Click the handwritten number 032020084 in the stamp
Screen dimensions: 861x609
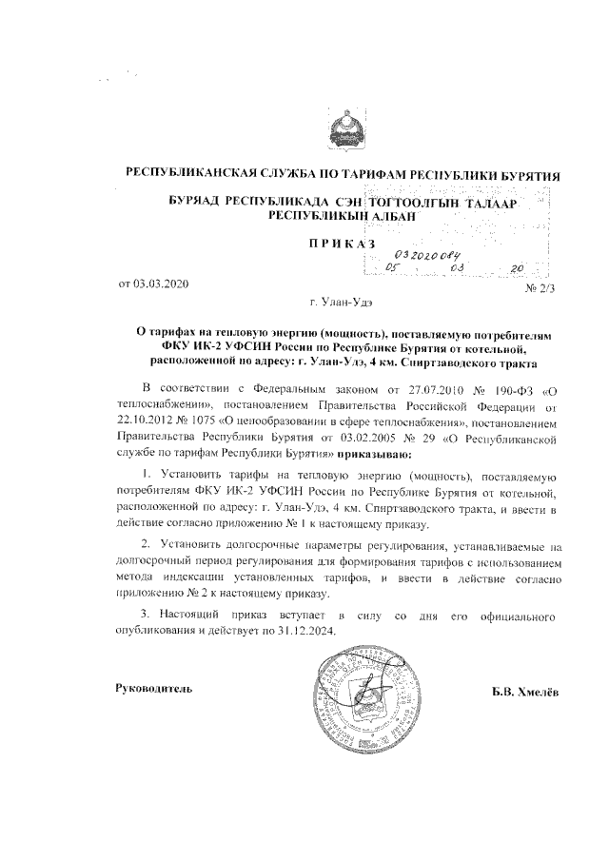click(426, 255)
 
